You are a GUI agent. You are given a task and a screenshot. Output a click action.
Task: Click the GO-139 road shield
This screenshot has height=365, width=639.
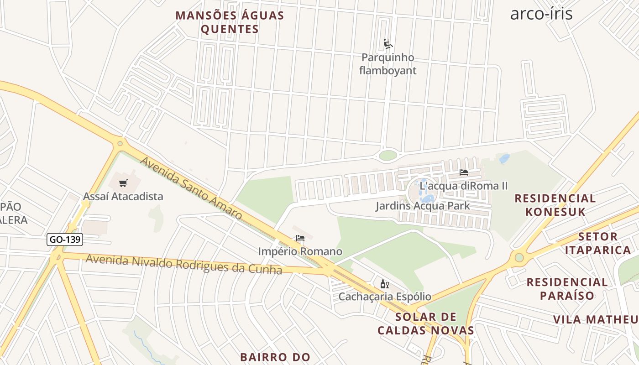click(64, 240)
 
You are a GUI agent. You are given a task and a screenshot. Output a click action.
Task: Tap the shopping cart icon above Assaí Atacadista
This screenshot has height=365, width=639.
click(123, 183)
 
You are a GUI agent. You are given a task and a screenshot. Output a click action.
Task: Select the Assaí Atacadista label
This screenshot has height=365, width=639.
click(123, 197)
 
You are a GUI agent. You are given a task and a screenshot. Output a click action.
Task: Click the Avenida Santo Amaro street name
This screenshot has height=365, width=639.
click(191, 188)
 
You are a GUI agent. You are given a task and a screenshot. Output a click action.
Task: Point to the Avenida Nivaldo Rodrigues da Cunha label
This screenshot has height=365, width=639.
click(183, 264)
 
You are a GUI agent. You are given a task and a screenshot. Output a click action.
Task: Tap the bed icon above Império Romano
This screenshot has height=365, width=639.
click(300, 238)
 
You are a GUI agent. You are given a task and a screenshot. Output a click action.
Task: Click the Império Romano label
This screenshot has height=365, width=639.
click(300, 251)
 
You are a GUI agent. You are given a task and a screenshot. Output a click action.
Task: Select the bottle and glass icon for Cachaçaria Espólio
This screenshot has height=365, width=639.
click(384, 284)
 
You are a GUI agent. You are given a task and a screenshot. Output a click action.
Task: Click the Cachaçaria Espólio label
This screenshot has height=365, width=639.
click(384, 297)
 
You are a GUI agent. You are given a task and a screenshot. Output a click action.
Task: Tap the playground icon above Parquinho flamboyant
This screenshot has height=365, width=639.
click(388, 44)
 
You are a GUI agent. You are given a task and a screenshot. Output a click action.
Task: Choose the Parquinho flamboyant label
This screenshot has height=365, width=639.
click(388, 64)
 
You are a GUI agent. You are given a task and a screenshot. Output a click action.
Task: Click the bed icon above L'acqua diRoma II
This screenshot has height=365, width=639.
click(464, 172)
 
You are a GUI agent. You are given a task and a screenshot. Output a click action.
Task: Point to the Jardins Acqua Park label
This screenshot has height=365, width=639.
click(423, 206)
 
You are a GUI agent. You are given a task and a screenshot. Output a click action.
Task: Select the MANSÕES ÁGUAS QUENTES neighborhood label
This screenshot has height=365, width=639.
click(230, 22)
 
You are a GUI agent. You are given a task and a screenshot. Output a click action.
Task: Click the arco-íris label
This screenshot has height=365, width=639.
click(541, 14)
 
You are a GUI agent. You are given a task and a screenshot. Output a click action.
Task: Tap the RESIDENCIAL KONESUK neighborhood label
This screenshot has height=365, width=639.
click(555, 205)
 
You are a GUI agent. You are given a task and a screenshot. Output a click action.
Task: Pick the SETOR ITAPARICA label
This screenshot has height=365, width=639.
click(598, 243)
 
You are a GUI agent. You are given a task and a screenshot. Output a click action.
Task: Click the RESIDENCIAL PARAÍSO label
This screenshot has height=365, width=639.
click(567, 288)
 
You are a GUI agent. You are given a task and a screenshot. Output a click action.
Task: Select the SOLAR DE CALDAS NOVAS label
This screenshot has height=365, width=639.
click(425, 323)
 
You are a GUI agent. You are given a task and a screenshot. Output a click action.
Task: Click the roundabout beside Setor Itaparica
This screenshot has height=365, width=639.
click(519, 258)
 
